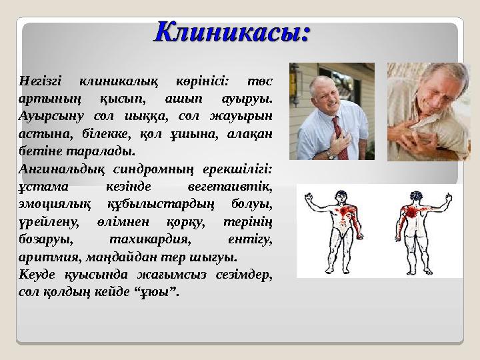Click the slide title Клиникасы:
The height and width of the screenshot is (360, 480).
click(x=233, y=31)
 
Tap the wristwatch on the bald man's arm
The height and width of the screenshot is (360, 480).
click(x=331, y=155)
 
